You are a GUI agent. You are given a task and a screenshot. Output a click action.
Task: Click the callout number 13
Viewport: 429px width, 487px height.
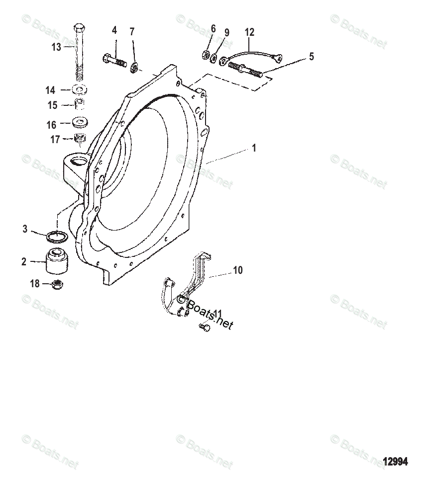pos(56,47)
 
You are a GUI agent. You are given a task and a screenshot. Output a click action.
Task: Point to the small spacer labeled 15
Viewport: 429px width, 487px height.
pos(80,105)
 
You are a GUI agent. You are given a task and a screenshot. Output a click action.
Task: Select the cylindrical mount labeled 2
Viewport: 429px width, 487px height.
pos(58,261)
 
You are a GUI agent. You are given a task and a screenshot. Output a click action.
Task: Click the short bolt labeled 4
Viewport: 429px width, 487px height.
pos(116,61)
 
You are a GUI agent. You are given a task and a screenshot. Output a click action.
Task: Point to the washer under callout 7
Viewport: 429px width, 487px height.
pos(134,67)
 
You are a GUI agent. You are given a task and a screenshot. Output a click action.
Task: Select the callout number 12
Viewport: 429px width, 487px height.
pos(249,32)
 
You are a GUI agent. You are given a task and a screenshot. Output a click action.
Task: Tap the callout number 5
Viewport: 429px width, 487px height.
pos(311,56)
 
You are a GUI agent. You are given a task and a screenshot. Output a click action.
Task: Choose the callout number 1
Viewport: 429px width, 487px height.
pos(254,148)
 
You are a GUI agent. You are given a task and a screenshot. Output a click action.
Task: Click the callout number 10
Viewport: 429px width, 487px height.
pos(238,270)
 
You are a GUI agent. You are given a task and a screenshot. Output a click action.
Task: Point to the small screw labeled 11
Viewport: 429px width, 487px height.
pos(203,326)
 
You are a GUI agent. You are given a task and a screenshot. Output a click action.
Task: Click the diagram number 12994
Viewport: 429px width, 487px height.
pos(395,462)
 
